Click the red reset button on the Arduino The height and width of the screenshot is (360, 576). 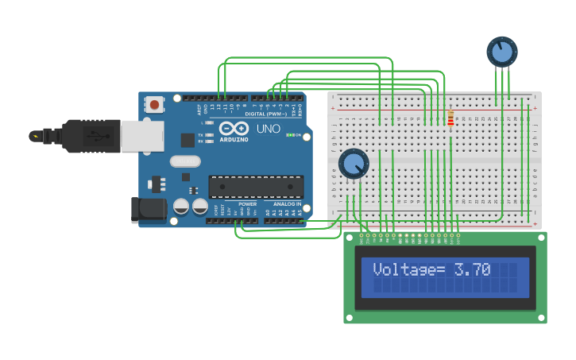tap(153, 103)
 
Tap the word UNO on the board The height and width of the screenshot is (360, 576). tap(268, 129)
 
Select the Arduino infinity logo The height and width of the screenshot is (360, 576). tap(234, 128)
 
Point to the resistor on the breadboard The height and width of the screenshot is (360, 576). tap(450, 118)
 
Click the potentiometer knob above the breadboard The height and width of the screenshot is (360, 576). tap(501, 52)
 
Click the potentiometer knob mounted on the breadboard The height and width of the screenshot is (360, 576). tap(354, 164)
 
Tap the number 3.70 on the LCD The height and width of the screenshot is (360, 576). tap(472, 269)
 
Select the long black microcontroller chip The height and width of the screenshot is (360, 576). tap(256, 187)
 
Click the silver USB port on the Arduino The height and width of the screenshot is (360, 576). tap(142, 135)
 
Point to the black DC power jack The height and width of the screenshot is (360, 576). tap(149, 210)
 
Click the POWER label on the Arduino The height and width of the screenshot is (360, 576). tap(247, 204)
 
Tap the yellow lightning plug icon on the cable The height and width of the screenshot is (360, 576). tap(35, 136)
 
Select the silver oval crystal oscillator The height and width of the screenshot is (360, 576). tap(185, 161)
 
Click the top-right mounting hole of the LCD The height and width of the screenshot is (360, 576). tap(541, 238)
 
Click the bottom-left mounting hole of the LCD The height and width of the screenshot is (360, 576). tap(349, 318)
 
